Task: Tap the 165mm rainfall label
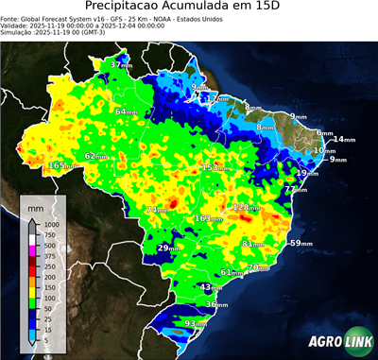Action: pos(62,166)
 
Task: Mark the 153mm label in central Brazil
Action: pos(216,167)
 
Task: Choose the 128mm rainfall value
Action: pos(247,207)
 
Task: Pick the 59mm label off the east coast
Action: pos(301,244)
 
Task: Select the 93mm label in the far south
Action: pos(196,324)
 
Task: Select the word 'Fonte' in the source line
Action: pos(10,17)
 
